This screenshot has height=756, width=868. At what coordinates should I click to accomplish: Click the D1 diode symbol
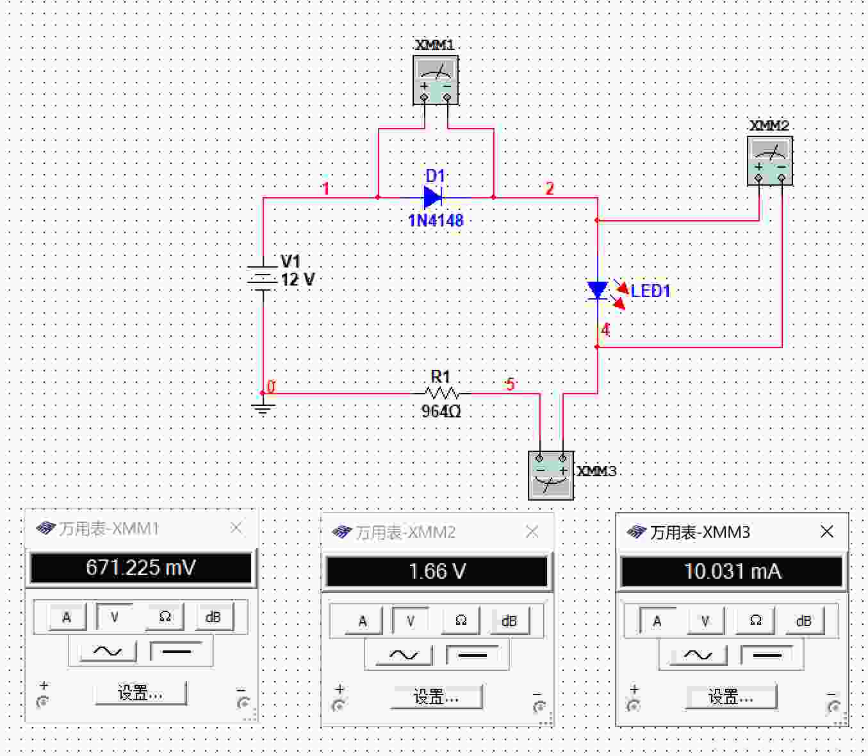pos(433,197)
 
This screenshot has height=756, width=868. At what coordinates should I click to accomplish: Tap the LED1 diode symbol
pos(597,290)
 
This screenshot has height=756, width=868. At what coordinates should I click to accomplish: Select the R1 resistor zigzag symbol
pos(441,394)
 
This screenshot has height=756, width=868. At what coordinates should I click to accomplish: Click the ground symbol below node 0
pos(263,408)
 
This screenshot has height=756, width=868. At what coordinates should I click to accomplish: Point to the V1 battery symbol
pos(263,278)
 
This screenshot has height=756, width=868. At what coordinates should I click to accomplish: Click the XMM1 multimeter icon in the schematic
pos(436,79)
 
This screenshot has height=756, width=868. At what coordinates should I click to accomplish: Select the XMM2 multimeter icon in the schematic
pos(770,161)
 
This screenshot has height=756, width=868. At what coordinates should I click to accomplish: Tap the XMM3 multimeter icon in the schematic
pos(551,476)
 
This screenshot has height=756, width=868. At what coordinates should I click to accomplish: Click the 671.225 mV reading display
pos(141,568)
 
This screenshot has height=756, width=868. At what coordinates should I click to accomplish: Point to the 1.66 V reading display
pos(437,572)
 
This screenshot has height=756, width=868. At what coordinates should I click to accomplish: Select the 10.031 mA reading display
pos(732,572)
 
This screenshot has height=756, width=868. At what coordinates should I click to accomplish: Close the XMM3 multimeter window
pos(826,532)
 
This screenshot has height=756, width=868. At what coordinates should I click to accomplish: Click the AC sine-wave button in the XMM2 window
pos(403,655)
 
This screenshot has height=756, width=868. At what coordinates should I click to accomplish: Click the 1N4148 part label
pos(436,220)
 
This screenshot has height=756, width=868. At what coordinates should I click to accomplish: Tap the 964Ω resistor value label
pos(441,411)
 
